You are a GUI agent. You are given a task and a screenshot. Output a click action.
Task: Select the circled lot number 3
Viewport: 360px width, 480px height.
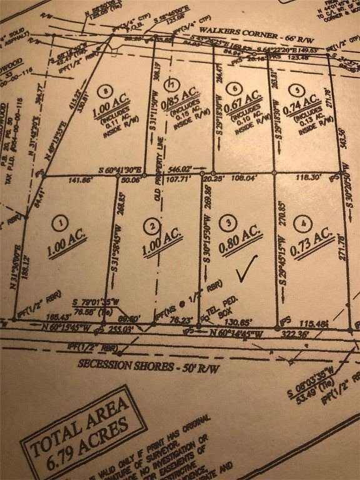coord(231,222)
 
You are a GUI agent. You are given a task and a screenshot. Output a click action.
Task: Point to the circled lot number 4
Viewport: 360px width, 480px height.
coord(304,222)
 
